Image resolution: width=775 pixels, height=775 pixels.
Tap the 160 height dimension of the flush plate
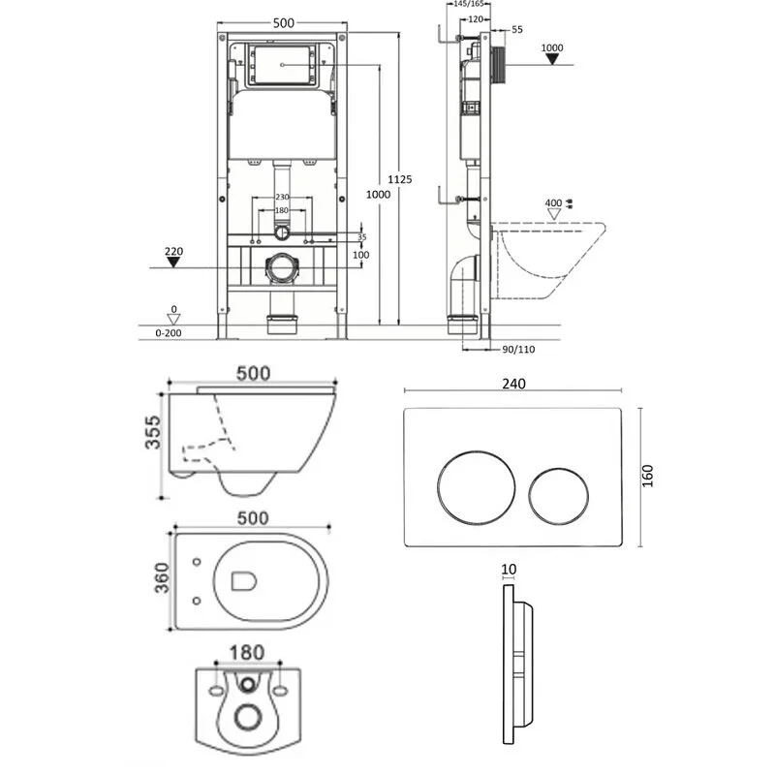648,475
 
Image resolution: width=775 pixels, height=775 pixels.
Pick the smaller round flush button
559,492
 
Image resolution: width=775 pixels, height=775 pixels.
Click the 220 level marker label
173,252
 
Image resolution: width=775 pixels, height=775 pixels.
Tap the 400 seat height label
553,203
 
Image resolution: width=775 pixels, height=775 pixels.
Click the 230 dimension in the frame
281,198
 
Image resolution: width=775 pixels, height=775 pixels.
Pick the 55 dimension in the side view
516,30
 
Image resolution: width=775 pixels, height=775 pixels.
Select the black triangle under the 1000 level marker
552,60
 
